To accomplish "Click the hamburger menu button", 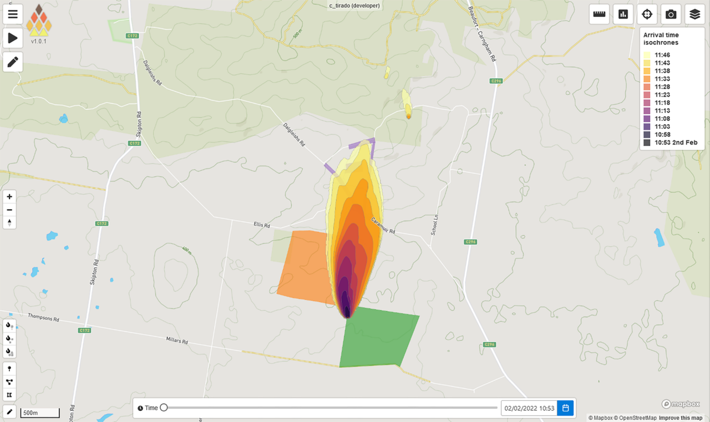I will pyautogui.click(x=13, y=14).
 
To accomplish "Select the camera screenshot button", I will pyautogui.click(x=671, y=14).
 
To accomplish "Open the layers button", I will pyautogui.click(x=694, y=14).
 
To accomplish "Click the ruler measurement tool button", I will pyautogui.click(x=599, y=14).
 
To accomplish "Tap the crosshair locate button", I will pyautogui.click(x=647, y=14).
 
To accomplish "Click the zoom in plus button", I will pyautogui.click(x=9, y=196).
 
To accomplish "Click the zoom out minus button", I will pyautogui.click(x=9, y=210).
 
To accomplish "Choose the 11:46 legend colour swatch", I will pyautogui.click(x=647, y=55).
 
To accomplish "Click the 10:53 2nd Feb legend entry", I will pyautogui.click(x=676, y=143).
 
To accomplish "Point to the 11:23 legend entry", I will pyautogui.click(x=662, y=95).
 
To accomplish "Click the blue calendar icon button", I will pyautogui.click(x=565, y=408).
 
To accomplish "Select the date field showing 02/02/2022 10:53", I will pyautogui.click(x=529, y=408).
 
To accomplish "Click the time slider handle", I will pyautogui.click(x=164, y=408).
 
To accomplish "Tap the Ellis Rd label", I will pyautogui.click(x=262, y=225).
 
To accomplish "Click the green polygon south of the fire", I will pyautogui.click(x=377, y=338).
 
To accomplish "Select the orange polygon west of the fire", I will pyautogui.click(x=304, y=266).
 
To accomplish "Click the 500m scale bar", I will pyautogui.click(x=40, y=413).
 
